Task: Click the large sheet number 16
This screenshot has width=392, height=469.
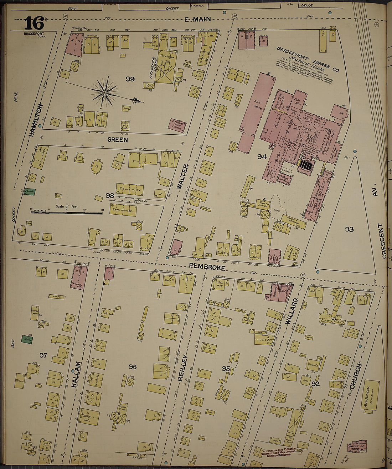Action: point(34,23)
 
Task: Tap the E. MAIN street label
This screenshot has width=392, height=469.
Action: point(198,19)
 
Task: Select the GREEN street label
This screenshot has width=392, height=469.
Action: point(117,140)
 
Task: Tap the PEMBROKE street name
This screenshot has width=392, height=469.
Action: point(207,267)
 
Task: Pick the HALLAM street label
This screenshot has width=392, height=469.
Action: point(76,374)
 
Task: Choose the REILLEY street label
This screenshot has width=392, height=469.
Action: point(182,368)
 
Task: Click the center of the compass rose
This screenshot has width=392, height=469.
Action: point(104,93)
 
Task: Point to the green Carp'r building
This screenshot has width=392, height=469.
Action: point(30,192)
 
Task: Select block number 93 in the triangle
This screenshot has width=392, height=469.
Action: point(349,229)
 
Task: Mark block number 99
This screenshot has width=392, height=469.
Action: point(130,79)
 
